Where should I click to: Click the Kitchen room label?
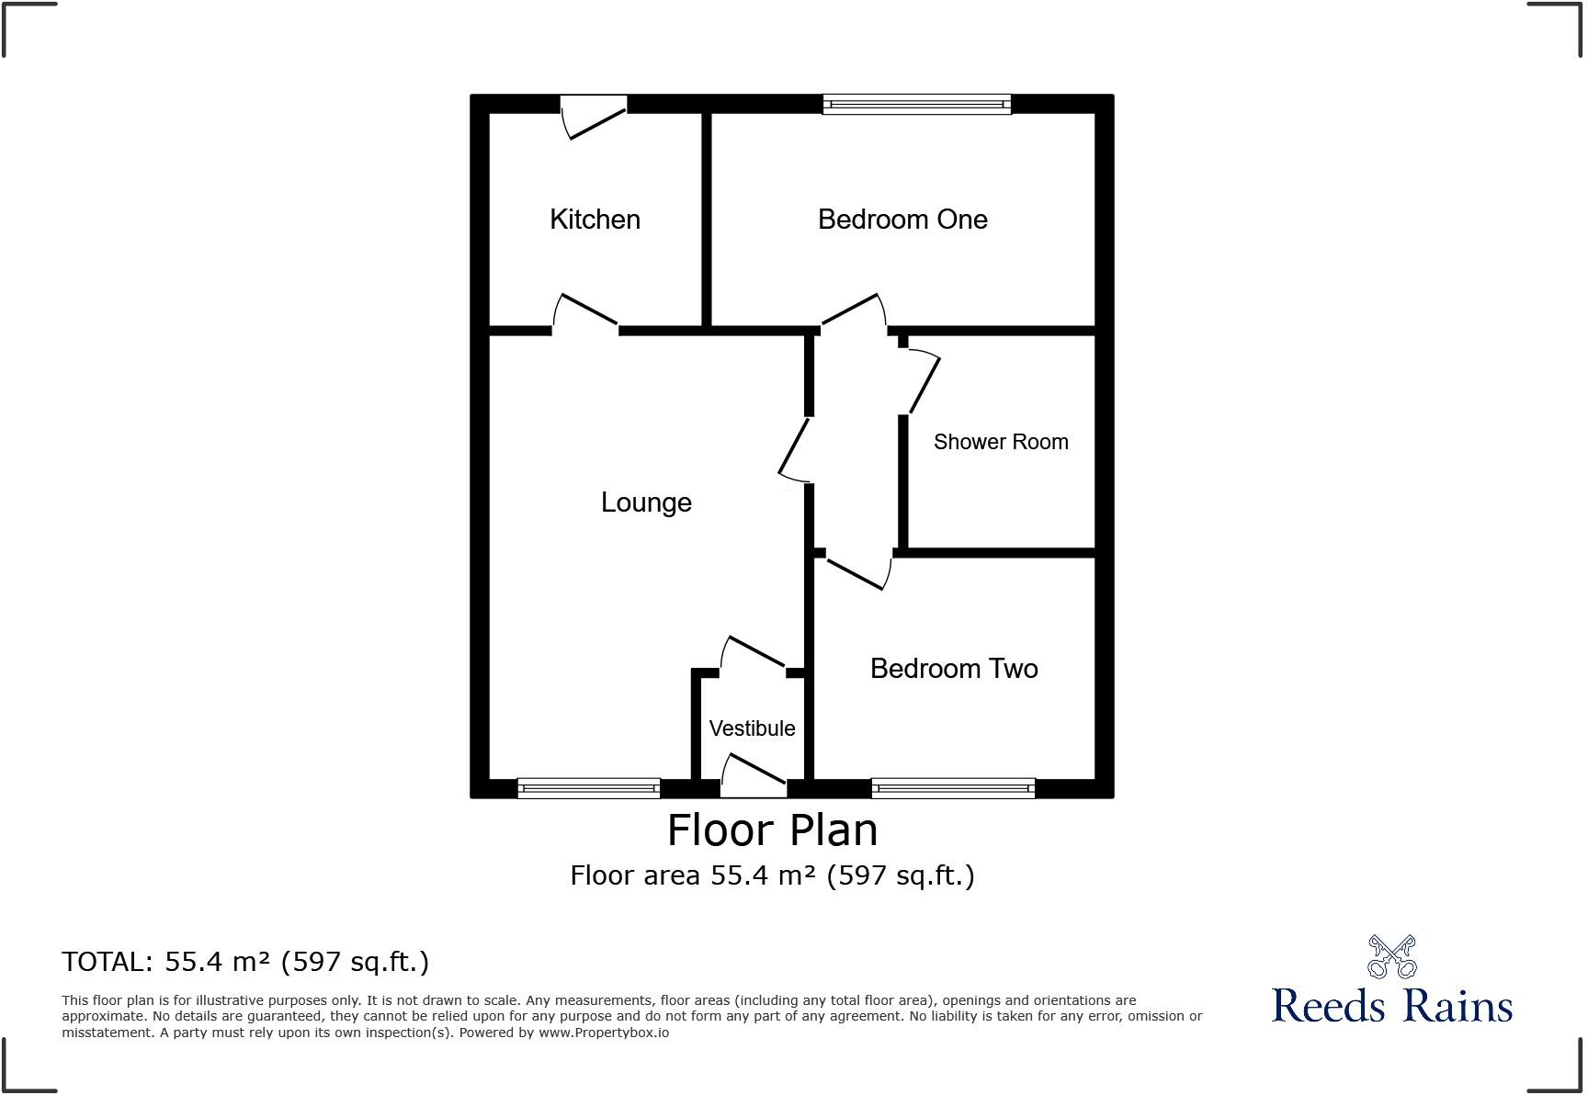[595, 220]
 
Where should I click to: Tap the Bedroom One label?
[902, 220]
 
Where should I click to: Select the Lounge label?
[646, 502]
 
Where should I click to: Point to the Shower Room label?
[1001, 442]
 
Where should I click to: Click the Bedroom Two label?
[954, 669]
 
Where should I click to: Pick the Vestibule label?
[752, 728]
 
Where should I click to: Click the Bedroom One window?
[916, 105]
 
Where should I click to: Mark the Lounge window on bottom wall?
[588, 787]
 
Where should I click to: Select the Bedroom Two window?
[953, 787]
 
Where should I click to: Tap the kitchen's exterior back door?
[595, 118]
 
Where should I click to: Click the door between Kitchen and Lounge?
[585, 312]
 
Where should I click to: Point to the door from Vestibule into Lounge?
[753, 654]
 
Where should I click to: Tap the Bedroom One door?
[853, 310]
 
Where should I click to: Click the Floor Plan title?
[772, 830]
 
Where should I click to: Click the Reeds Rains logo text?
[1391, 1005]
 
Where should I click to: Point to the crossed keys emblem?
[1391, 957]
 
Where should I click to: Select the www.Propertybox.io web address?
[604, 1033]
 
